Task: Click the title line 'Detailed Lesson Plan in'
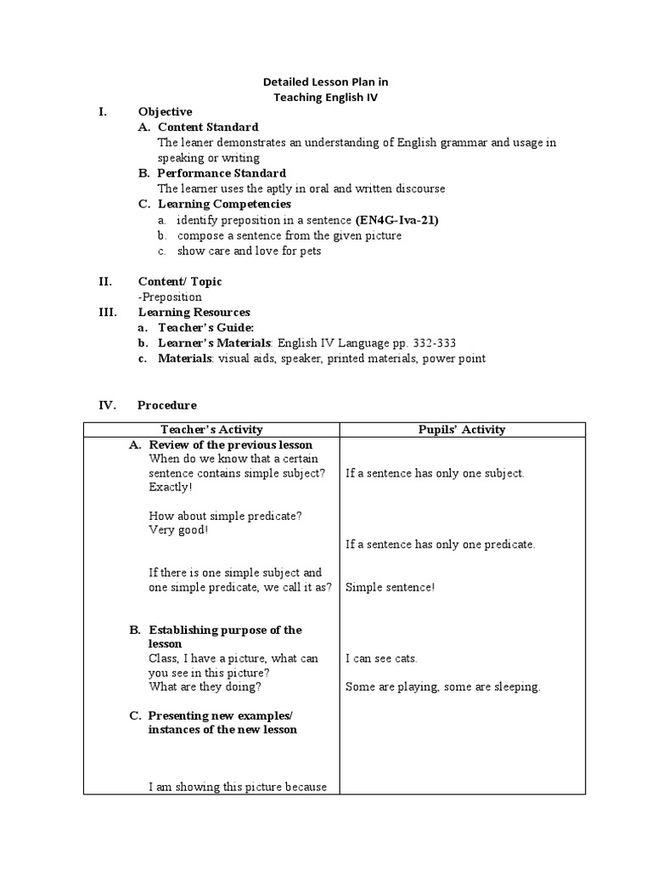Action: pyautogui.click(x=325, y=82)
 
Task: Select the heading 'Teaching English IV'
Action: pyautogui.click(x=325, y=97)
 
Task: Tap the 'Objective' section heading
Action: pyautogui.click(x=165, y=111)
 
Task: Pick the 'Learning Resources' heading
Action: pyautogui.click(x=194, y=312)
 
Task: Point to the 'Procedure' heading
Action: pyautogui.click(x=166, y=404)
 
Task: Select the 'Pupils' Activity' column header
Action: pyautogui.click(x=462, y=429)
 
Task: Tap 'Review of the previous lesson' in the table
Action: pyautogui.click(x=230, y=444)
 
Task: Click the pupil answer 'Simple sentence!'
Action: pyautogui.click(x=390, y=587)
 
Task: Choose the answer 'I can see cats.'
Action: pyautogui.click(x=381, y=658)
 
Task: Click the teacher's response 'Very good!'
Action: pyautogui.click(x=178, y=529)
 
